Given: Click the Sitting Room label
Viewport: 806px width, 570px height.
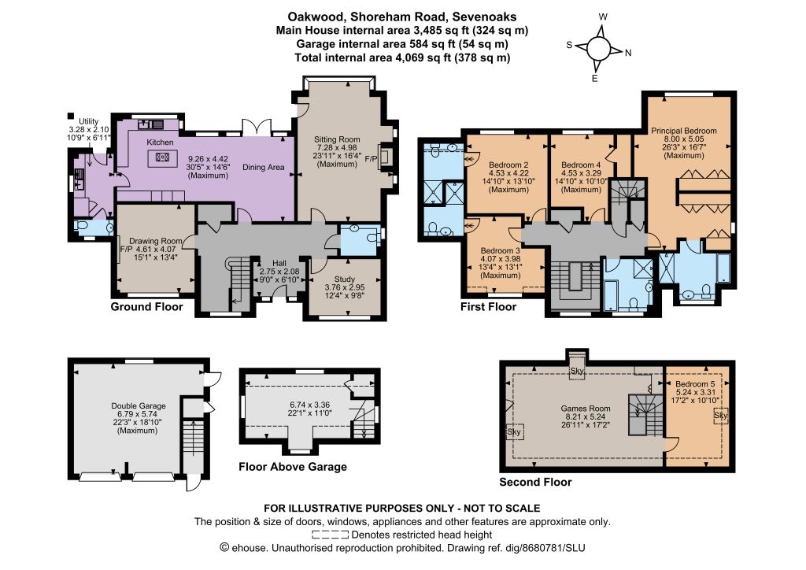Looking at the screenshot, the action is click(x=337, y=139).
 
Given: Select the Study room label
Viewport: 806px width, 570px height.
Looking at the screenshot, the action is click(x=345, y=279).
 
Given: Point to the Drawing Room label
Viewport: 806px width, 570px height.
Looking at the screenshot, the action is click(x=156, y=241).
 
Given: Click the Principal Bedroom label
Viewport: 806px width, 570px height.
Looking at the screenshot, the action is click(x=684, y=131).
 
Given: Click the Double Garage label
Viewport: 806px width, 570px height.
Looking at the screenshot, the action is click(x=139, y=405).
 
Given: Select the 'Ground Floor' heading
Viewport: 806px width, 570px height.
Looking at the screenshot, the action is click(x=147, y=307).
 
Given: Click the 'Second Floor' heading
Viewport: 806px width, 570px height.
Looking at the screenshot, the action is click(x=535, y=482).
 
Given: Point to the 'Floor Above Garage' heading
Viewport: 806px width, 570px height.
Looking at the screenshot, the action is click(x=293, y=467).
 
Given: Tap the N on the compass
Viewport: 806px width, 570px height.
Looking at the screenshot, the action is click(x=628, y=53).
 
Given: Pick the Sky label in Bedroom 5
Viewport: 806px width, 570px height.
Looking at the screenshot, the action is click(x=721, y=415).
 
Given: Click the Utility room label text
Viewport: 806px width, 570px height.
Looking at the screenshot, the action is click(x=88, y=122).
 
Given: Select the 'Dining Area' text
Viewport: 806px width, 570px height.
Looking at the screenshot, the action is click(x=263, y=167).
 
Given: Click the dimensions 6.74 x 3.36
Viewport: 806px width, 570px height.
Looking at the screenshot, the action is click(x=309, y=405).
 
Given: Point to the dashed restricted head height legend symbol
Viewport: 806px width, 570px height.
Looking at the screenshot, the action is click(x=331, y=535).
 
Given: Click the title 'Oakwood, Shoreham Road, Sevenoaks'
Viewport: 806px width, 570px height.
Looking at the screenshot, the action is click(x=402, y=17).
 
